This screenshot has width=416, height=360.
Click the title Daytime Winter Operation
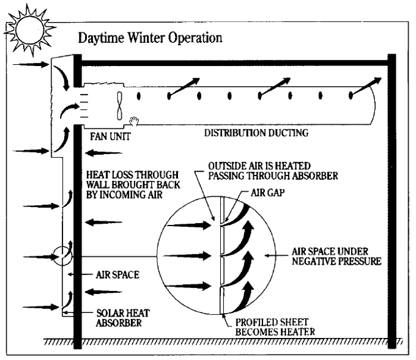tap(150, 38)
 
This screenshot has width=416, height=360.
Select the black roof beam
tap(232, 62)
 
